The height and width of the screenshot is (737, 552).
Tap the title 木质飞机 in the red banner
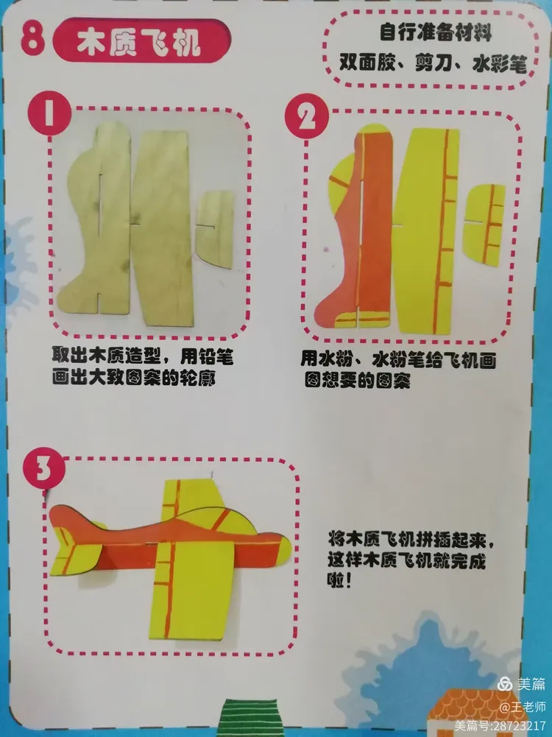(139, 43)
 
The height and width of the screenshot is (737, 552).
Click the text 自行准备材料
(436, 33)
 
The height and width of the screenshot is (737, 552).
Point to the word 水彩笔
(499, 63)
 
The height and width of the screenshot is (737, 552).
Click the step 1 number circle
(49, 113)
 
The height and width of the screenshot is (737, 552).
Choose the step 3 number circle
(43, 468)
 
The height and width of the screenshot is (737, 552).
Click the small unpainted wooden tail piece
(215, 228)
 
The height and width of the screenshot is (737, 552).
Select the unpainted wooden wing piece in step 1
(163, 229)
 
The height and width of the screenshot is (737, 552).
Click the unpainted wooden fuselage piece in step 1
(96, 221)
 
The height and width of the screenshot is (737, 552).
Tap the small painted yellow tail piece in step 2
(484, 225)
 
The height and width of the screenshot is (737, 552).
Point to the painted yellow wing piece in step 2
(425, 230)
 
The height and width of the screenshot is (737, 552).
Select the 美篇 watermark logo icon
(505, 683)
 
